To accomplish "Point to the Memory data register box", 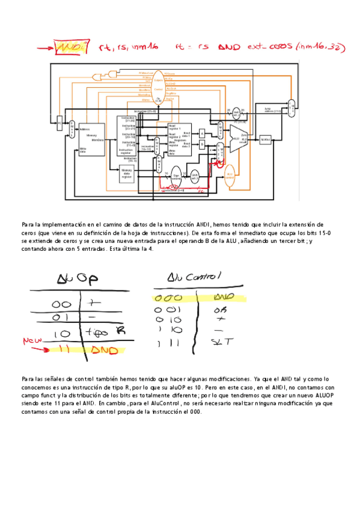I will tap(127, 174).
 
